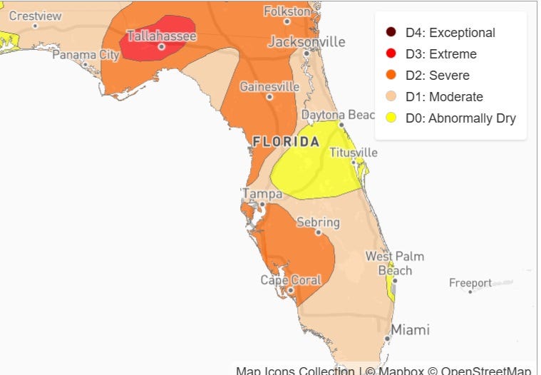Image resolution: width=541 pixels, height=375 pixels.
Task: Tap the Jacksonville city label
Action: (306, 42)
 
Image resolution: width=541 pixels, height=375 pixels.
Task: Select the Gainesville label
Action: (269, 86)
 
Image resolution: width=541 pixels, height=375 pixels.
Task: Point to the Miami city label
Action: (410, 330)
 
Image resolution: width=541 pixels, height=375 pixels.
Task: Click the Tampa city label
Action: (257, 193)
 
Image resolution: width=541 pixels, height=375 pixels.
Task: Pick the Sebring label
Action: (318, 222)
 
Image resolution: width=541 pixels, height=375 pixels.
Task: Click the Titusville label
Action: (353, 153)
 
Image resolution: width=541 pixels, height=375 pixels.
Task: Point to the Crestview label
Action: (35, 16)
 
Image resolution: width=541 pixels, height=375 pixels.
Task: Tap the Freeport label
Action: (470, 283)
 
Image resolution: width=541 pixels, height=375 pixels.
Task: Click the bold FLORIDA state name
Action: (286, 142)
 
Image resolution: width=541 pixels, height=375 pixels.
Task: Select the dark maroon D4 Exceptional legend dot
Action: (391, 33)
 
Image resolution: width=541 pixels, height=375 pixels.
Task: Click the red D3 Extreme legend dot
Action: (391, 54)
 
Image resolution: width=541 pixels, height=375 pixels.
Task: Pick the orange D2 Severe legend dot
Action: (391, 76)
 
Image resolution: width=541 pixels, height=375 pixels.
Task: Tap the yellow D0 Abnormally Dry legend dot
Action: (391, 118)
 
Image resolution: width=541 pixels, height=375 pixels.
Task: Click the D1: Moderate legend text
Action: (444, 97)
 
